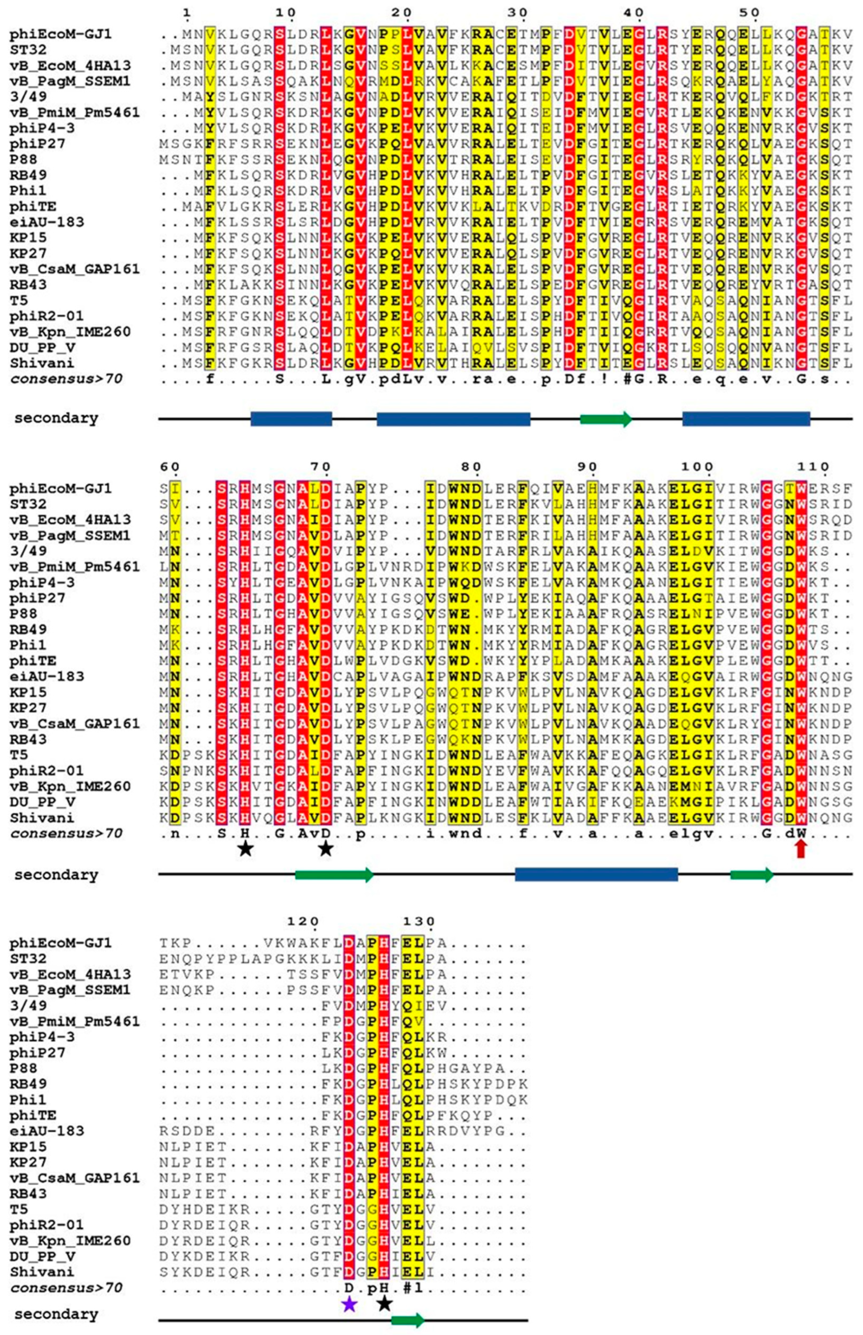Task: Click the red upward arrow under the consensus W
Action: point(801,850)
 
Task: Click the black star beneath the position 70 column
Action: point(325,849)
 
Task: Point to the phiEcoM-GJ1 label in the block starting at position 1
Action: point(60,34)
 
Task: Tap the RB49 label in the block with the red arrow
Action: point(28,630)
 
